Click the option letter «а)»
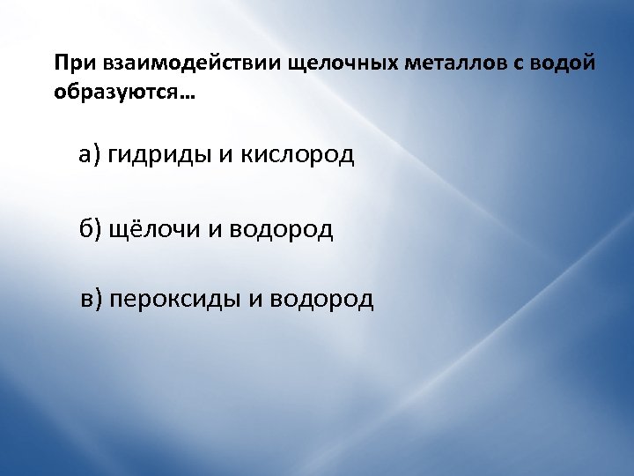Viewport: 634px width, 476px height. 91,156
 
